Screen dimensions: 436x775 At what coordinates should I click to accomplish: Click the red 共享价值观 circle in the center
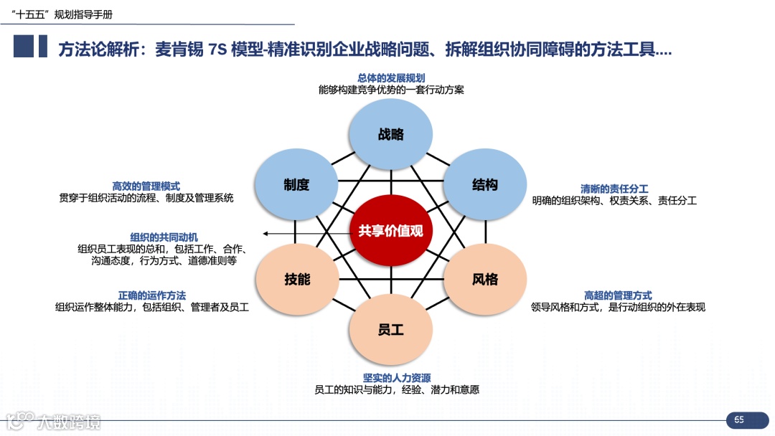point(391,231)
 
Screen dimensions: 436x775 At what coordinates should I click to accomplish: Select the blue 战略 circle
point(391,134)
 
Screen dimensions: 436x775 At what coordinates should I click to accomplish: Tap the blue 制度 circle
point(296,185)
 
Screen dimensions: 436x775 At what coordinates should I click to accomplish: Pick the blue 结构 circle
point(485,185)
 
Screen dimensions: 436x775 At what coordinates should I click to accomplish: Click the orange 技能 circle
point(296,280)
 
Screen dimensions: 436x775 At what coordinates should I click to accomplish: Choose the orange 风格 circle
point(485,280)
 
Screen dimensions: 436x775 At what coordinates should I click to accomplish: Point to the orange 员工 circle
point(391,330)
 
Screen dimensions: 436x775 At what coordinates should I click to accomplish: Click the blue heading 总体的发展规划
point(391,78)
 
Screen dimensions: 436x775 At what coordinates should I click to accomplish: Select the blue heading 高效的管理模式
point(146,186)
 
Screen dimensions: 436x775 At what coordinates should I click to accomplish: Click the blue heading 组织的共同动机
point(164,237)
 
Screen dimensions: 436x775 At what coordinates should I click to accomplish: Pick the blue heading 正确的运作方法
point(152,295)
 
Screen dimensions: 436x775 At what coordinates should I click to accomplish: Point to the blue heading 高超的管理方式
point(618,295)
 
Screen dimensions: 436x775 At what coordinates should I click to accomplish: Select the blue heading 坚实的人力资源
point(397,378)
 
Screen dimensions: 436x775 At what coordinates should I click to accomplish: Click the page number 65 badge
point(739,420)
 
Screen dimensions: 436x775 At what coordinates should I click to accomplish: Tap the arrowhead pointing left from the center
point(266,234)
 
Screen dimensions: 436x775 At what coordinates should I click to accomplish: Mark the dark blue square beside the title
point(23,47)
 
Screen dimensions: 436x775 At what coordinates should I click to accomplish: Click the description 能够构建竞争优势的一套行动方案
point(391,90)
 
